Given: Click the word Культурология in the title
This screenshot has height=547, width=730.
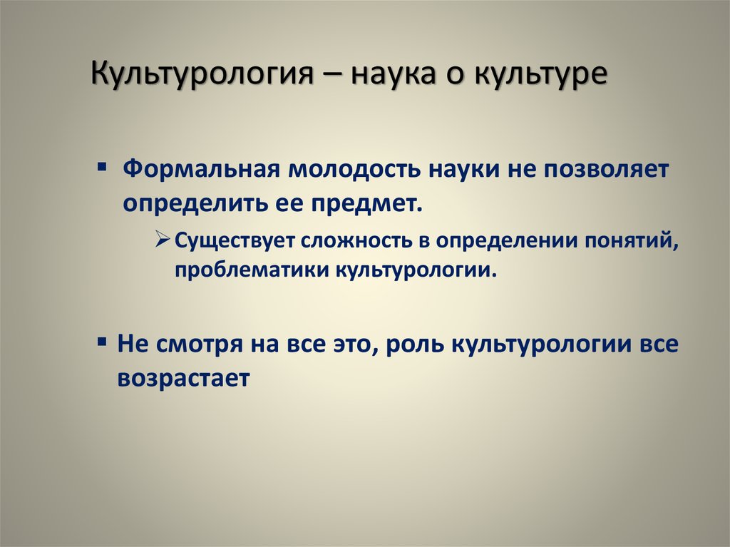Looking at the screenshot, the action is point(202,74).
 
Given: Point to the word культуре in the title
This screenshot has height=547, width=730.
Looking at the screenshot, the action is point(541,75).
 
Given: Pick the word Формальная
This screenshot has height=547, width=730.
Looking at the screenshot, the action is point(201,169).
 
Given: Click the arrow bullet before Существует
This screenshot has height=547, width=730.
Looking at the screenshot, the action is point(163,240).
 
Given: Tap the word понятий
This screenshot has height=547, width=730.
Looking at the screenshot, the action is point(632,241).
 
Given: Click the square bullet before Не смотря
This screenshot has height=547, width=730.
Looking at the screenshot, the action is point(102,342).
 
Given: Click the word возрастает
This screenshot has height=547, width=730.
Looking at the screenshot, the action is point(183,379).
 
